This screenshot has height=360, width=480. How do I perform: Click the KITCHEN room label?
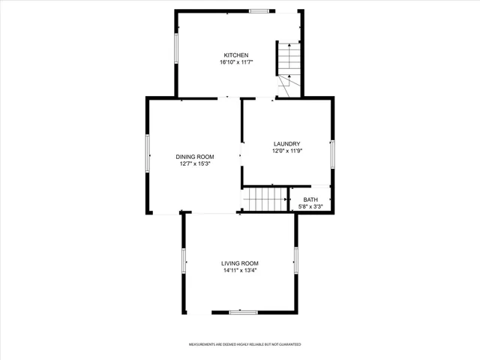coord(235,55)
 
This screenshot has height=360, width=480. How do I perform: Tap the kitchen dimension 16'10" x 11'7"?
coord(235,62)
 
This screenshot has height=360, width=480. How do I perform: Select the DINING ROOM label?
coord(195,156)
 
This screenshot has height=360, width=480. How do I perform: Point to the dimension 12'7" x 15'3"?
coord(195,163)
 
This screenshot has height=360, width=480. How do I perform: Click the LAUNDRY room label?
coord(287,143)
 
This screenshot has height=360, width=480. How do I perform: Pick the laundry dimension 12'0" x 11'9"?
coord(287,151)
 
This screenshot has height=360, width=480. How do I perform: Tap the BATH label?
coord(310,199)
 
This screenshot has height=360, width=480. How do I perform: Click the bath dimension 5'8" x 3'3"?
coord(310,207)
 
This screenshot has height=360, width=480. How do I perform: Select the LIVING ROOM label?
coord(240,263)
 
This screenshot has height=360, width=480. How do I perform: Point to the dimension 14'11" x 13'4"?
coord(240,271)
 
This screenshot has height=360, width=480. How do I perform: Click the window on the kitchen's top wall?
coord(260,10)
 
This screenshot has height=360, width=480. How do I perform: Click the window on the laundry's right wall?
coord(332,152)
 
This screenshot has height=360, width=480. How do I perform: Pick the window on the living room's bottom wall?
coord(244,311)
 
